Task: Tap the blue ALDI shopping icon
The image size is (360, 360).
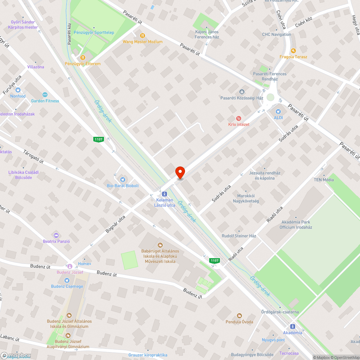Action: point(278,111)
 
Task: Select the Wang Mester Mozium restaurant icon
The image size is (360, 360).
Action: point(143,35)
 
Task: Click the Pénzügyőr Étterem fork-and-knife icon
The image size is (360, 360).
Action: point(83,57)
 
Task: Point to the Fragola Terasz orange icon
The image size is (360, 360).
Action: point(293,50)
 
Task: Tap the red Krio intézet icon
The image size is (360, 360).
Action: point(238,118)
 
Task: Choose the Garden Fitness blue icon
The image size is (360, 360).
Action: point(45,95)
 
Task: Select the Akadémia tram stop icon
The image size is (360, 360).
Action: point(292,327)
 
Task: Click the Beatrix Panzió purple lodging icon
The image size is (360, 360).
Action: point(56,235)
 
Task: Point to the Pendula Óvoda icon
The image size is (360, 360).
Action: point(239,316)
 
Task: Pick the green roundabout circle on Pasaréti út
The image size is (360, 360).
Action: point(271,98)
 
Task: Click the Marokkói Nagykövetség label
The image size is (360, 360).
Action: point(246,199)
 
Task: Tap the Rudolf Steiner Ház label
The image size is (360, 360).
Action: point(239,236)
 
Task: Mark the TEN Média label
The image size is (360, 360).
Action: point(324,180)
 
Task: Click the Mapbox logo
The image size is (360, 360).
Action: point(15,355)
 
